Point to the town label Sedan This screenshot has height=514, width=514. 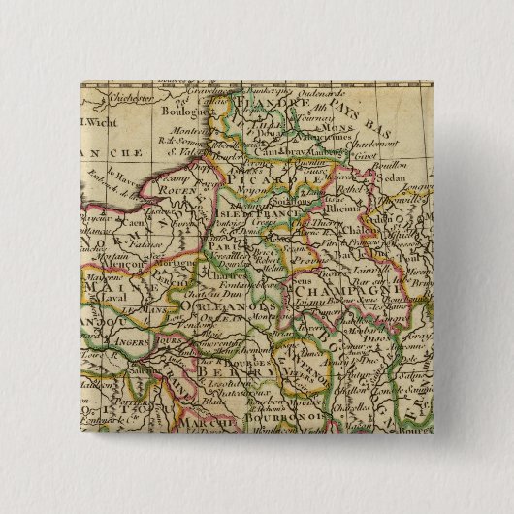point(391,179)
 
